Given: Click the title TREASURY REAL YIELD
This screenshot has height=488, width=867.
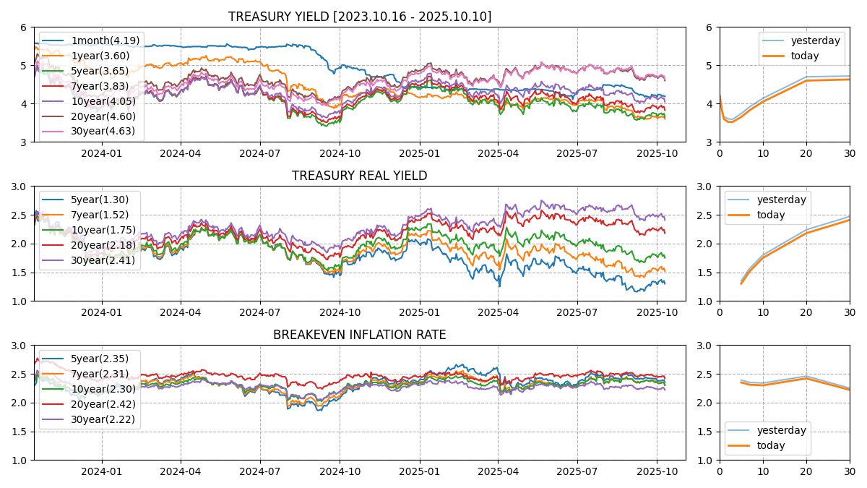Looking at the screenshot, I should coord(359,176).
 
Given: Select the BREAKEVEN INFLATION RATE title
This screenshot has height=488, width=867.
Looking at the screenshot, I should coord(359,335).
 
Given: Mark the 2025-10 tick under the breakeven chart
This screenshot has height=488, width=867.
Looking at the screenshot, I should coord(656,471).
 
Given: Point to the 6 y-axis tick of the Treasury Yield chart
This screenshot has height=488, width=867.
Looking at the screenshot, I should coord(23,27).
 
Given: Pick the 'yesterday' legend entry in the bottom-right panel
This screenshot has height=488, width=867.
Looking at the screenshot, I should coord(781,430).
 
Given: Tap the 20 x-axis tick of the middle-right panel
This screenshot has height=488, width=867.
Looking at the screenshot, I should coord(806,312).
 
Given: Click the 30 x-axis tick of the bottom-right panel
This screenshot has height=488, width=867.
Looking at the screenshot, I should coord(850,471).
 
